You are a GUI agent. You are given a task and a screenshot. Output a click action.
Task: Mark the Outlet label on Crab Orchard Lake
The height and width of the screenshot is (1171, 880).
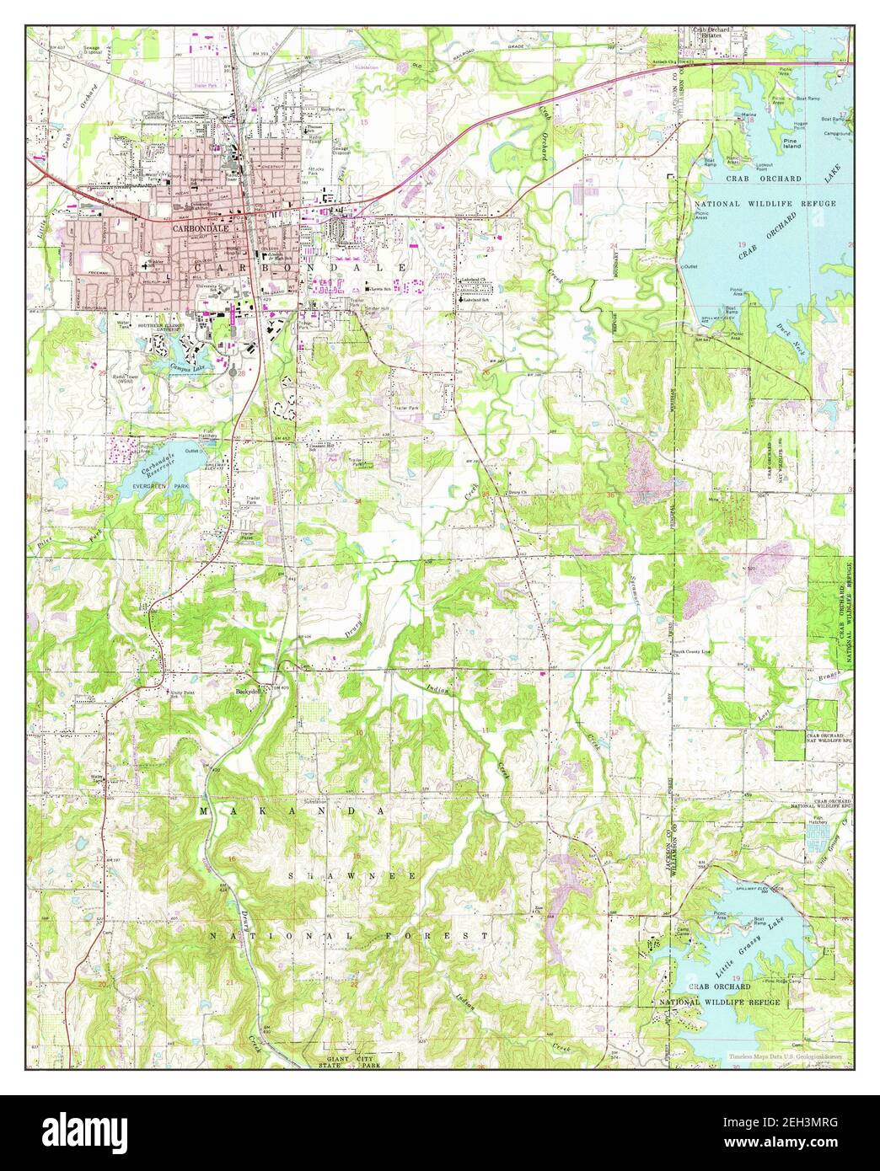(691, 266)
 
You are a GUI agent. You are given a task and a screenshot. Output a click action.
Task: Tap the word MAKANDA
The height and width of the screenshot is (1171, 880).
(292, 810)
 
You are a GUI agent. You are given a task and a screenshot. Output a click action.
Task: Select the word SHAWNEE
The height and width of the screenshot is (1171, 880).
(354, 876)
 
